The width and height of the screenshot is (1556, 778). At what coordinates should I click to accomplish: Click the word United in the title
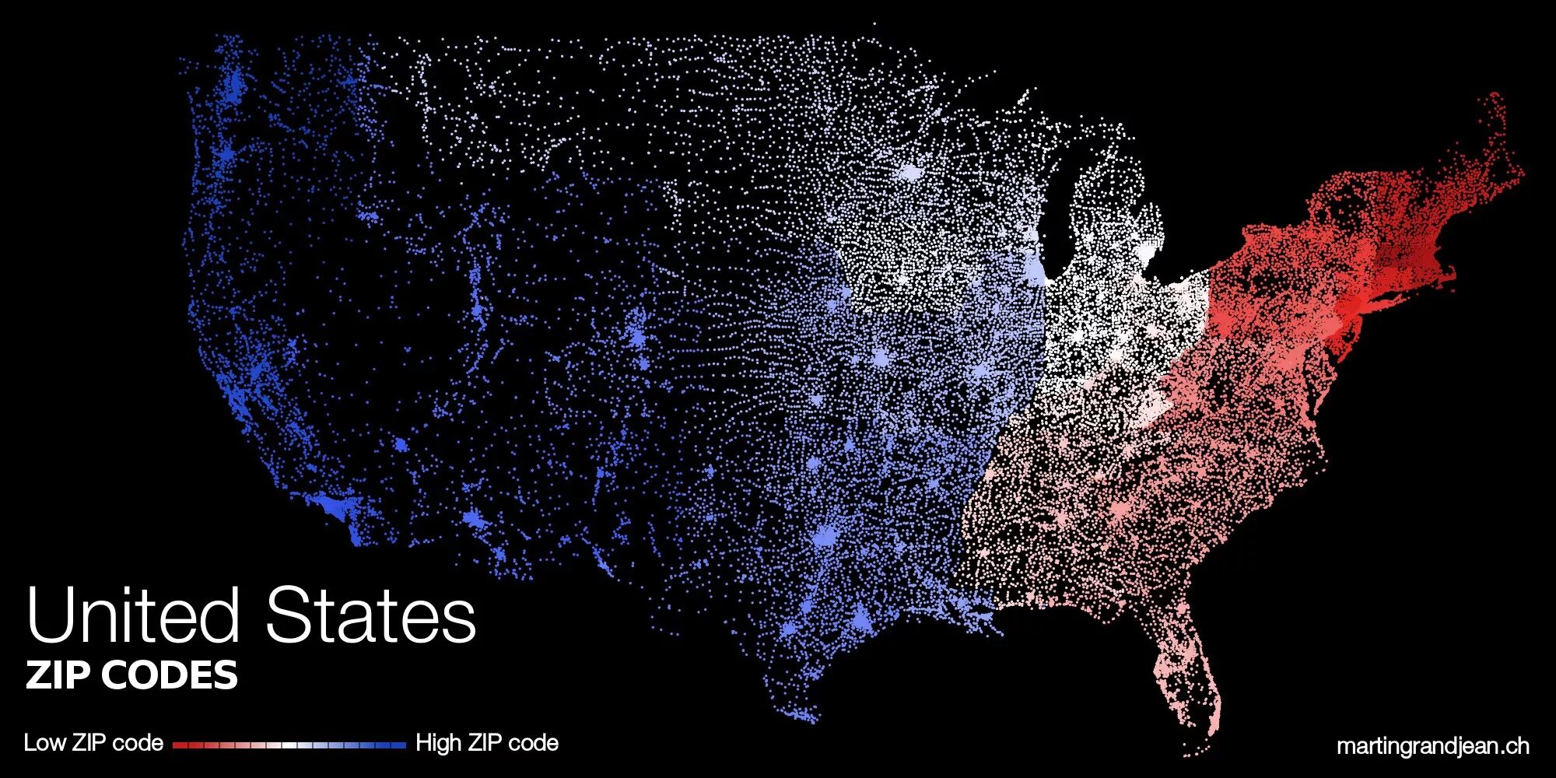(132, 615)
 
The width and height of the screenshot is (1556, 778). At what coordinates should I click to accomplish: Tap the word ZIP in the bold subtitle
(59, 675)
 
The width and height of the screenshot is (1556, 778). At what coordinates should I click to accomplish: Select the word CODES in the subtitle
(170, 675)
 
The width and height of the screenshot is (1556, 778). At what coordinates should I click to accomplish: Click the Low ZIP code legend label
(93, 743)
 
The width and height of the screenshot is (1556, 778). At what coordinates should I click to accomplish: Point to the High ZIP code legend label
(487, 743)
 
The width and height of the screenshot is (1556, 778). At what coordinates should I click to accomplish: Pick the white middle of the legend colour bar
(289, 745)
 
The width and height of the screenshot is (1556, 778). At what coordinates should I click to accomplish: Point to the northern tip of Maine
(1495, 97)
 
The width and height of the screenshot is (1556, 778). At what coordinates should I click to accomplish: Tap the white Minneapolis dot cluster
(909, 171)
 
